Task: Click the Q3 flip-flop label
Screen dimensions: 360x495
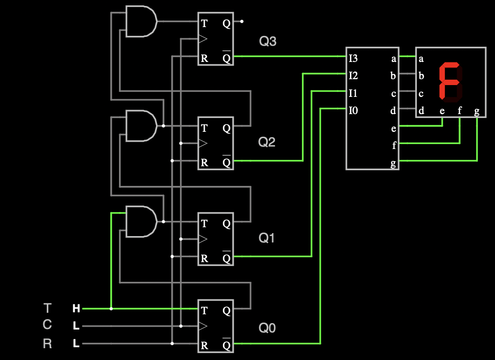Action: point(268,42)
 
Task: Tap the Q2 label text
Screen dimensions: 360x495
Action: point(267,143)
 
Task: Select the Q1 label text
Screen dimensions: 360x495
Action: point(267,239)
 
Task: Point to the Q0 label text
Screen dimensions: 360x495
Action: point(267,328)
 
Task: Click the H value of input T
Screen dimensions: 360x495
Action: point(76,309)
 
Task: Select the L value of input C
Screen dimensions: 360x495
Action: point(76,326)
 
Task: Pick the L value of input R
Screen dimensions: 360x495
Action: point(76,344)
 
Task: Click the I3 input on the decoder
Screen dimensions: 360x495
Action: point(353,59)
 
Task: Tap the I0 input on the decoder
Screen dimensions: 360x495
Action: point(353,111)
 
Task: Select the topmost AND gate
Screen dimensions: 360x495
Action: point(141,22)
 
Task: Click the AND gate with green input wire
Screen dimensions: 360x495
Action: point(141,222)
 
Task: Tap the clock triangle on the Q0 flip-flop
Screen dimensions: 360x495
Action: point(203,326)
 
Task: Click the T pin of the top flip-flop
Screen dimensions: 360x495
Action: point(204,23)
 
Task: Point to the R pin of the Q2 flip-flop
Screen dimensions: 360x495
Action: point(204,163)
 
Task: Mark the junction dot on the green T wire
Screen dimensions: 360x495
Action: point(111,309)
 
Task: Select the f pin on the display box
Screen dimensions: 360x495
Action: point(460,111)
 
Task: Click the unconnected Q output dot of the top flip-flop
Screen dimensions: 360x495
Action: point(242,22)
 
